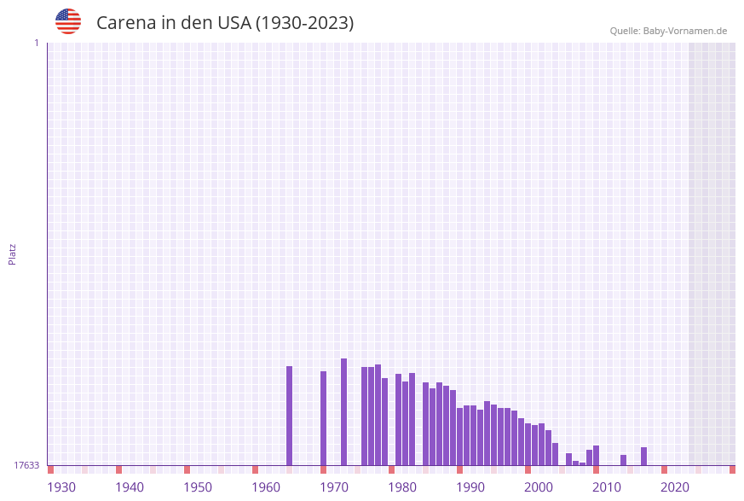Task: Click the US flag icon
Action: [x=68, y=21]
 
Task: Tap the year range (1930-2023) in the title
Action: [x=304, y=23]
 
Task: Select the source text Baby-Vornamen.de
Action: [x=685, y=31]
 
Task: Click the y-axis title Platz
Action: [x=13, y=253]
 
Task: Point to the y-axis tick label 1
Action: [x=36, y=43]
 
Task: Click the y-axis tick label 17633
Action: [x=26, y=465]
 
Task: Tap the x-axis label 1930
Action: [x=61, y=487]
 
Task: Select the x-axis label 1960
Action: [x=266, y=487]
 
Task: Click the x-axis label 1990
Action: [x=470, y=487]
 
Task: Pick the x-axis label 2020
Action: [x=675, y=487]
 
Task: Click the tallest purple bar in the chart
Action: [x=343, y=411]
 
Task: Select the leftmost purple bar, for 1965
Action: [x=289, y=416]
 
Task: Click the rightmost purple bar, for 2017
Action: [x=643, y=457]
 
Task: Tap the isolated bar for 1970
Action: [x=323, y=418]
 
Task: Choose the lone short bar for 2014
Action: [x=623, y=460]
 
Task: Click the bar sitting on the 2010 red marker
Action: [x=596, y=456]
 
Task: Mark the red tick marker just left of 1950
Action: [x=187, y=469]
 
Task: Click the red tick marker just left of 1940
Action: [x=118, y=469]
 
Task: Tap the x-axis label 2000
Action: [x=539, y=487]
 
